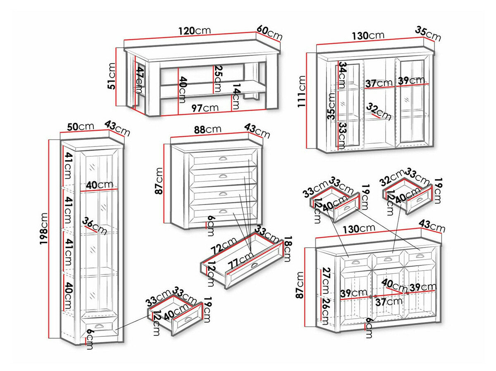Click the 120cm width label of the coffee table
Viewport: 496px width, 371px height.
point(195,31)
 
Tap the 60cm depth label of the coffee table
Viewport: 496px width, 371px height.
point(269,33)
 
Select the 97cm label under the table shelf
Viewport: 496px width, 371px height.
point(205,108)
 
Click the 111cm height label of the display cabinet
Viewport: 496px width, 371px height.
point(302,92)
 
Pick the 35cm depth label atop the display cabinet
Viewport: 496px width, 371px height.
point(428,33)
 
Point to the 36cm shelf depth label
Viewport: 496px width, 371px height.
point(95,226)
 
